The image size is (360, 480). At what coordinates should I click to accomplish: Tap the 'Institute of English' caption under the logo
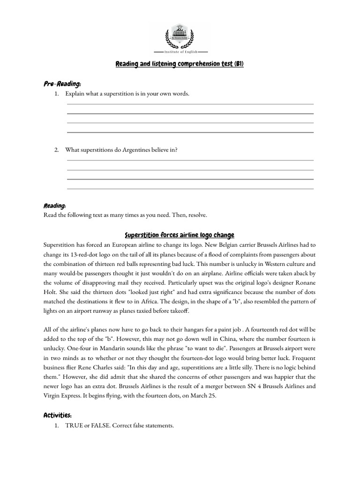180,52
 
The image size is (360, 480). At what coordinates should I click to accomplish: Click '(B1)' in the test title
238,64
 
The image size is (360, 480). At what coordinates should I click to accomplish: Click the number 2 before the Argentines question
56,150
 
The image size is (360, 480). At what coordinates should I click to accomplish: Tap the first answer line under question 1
190,104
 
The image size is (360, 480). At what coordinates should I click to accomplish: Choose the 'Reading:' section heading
55,206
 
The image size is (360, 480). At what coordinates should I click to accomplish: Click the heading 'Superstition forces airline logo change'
180,235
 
